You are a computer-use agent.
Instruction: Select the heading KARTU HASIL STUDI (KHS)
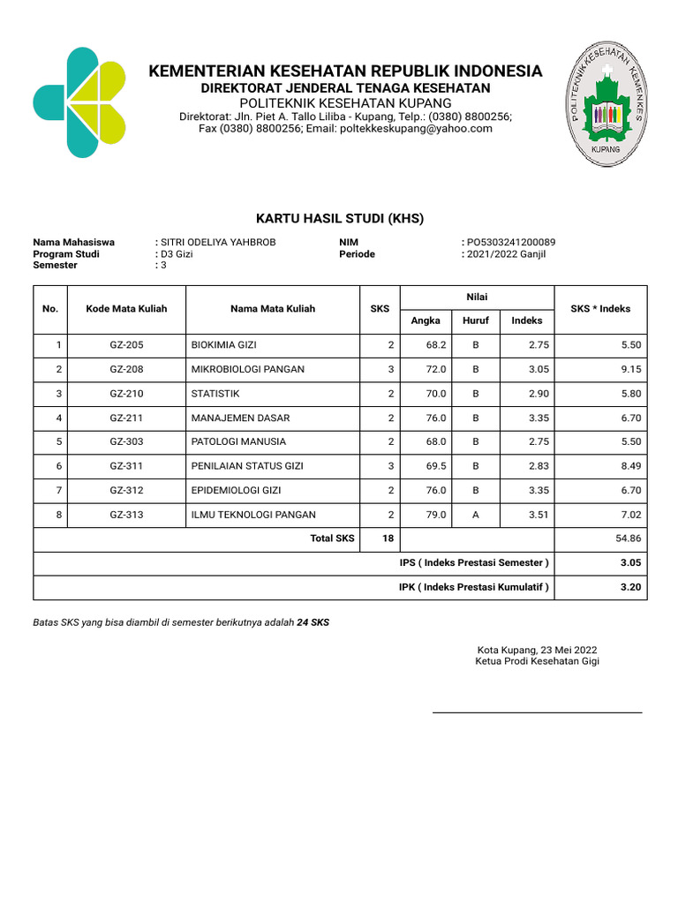(340, 218)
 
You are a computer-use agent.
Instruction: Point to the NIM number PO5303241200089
(511, 242)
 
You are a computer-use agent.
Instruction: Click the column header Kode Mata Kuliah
(126, 309)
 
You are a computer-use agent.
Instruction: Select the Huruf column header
(476, 320)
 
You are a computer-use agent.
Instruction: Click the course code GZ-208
(126, 369)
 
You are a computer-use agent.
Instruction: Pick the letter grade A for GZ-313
(476, 515)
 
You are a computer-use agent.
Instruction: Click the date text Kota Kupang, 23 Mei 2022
(537, 648)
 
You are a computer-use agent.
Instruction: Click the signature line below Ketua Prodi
(537, 712)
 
